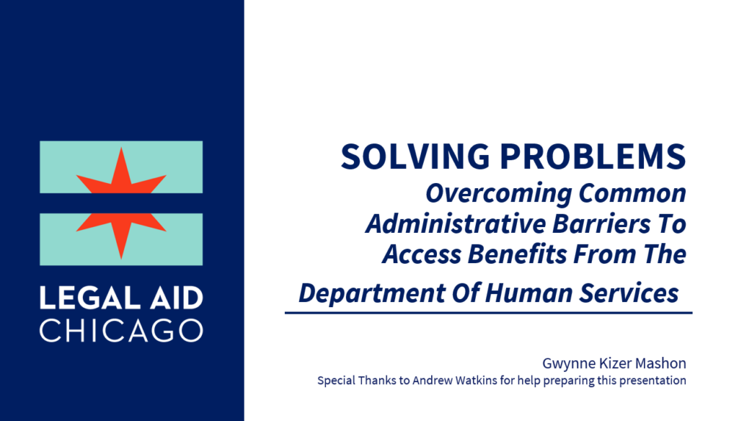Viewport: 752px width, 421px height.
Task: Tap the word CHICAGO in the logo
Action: point(121,329)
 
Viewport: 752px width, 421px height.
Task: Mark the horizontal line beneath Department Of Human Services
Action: point(488,313)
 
